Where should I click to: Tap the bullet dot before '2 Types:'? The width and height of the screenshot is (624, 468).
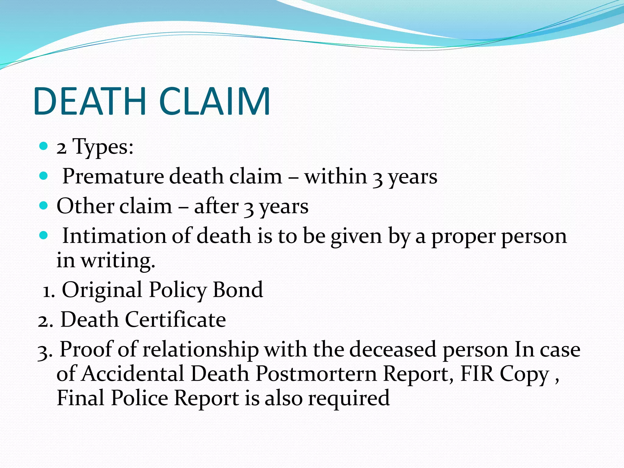pos(44,146)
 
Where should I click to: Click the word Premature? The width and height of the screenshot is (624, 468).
pos(113,176)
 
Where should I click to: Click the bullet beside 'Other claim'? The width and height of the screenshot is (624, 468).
pos(44,206)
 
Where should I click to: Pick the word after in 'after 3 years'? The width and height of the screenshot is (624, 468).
pos(216,206)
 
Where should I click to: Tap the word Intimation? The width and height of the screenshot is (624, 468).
pos(114,236)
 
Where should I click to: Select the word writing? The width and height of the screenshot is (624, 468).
pos(118,261)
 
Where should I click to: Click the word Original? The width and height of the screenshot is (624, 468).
pos(102,290)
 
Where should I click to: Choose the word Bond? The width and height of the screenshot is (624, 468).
pos(238,289)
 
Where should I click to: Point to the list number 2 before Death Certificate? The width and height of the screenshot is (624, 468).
pos(44,320)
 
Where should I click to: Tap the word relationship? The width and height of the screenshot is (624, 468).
pos(200,349)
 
